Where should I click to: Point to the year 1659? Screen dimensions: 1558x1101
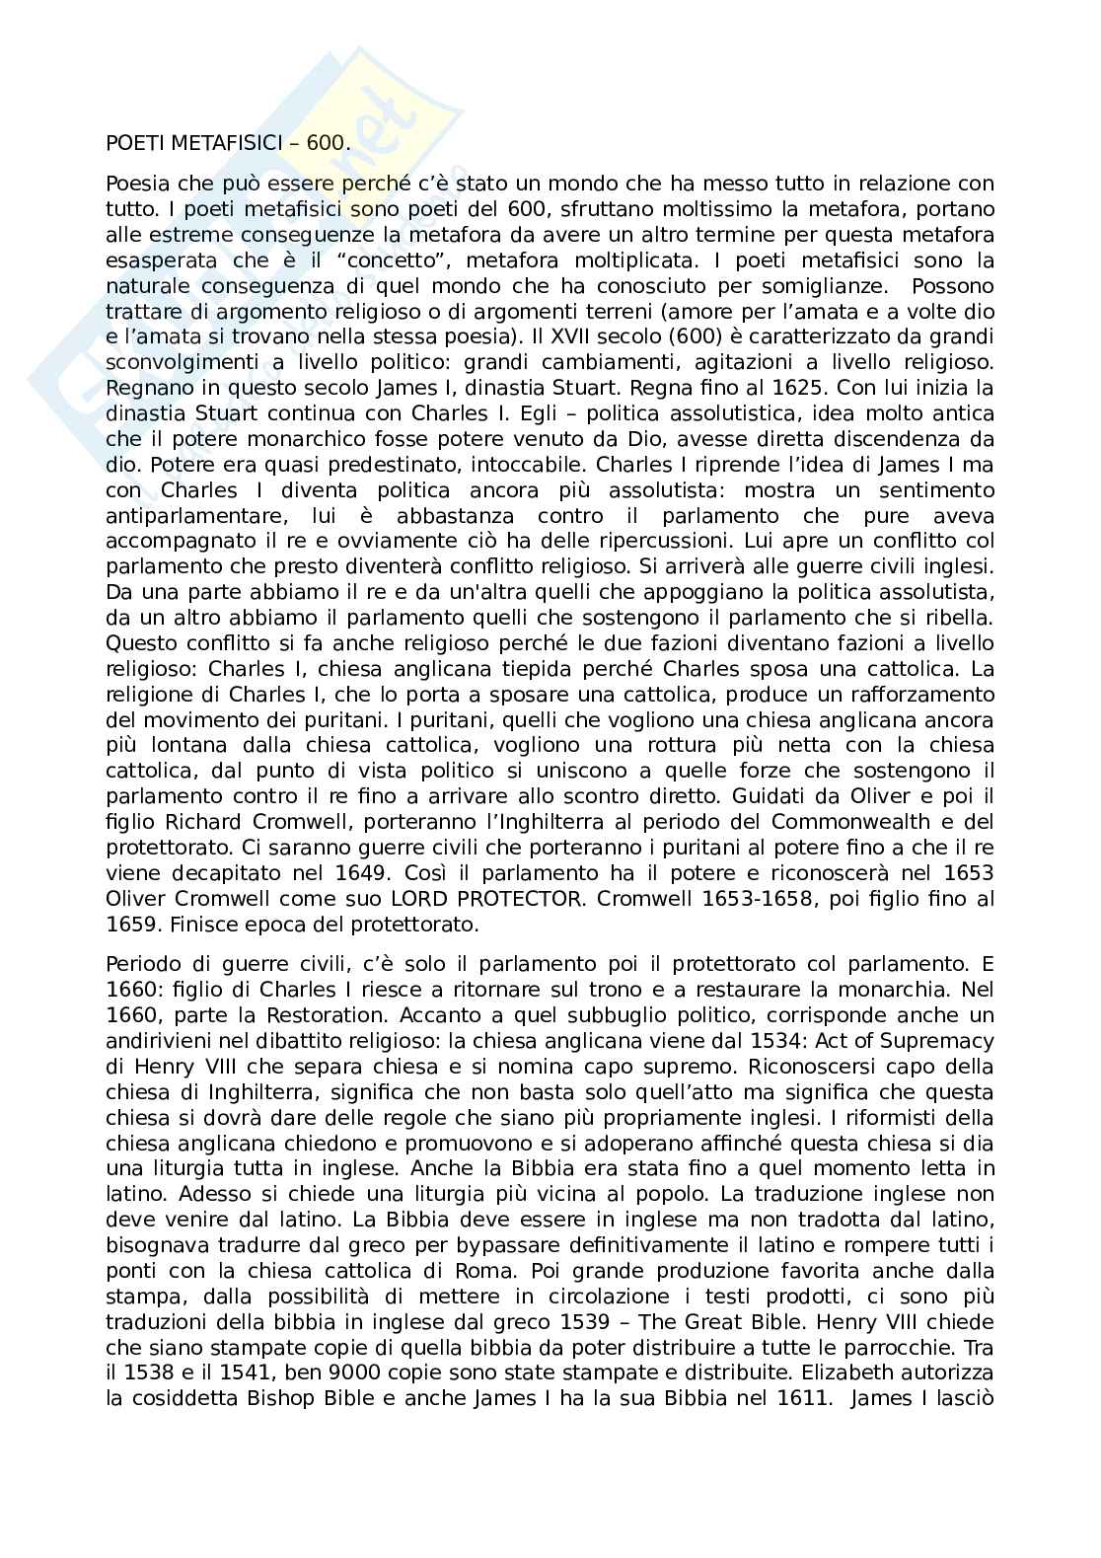(x=133, y=925)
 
